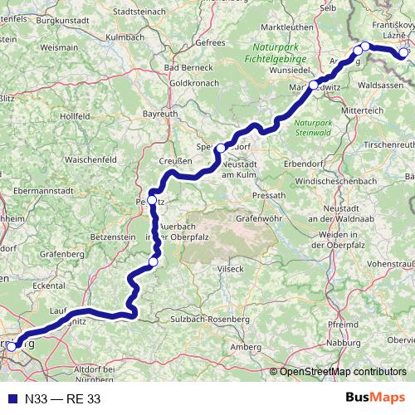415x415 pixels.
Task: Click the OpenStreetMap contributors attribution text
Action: [343, 372]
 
